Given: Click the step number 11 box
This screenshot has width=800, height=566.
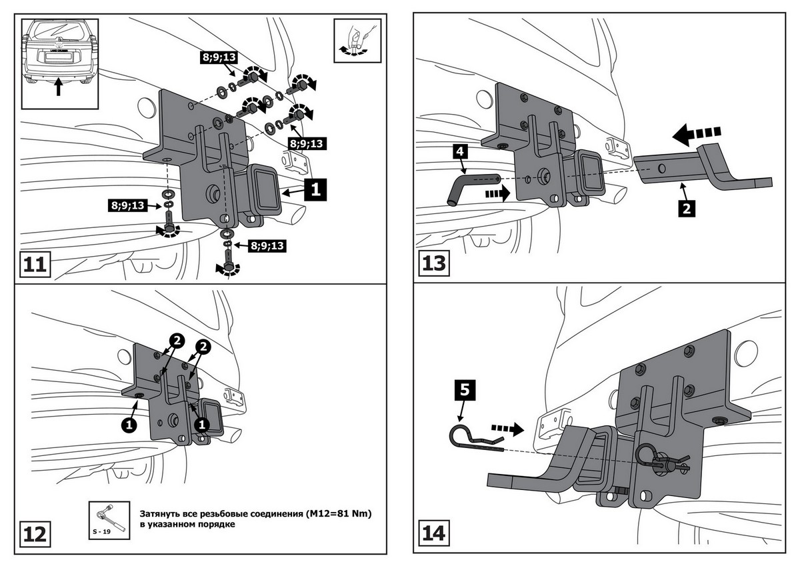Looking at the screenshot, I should coord(33,265).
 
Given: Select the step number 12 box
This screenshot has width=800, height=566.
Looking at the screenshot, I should coord(34,534).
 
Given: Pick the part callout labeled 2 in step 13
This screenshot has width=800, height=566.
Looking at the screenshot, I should coord(687,207).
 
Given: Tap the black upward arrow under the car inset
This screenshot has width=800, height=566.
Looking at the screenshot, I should coord(58,87).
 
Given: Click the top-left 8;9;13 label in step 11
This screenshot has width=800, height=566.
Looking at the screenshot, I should coord(217,57).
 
